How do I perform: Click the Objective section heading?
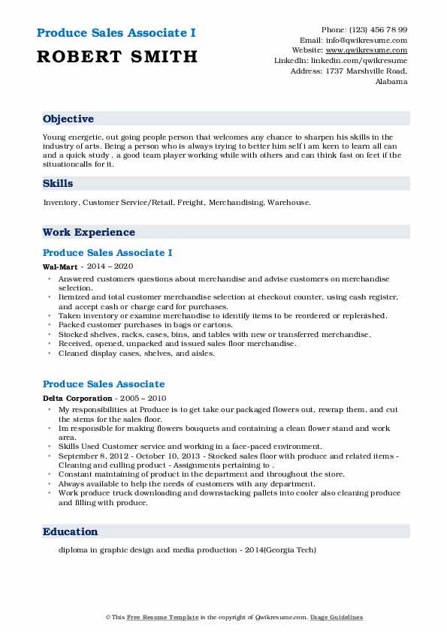point(68,119)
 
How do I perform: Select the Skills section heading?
point(58,183)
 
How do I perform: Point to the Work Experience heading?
point(89,232)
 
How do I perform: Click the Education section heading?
point(71,531)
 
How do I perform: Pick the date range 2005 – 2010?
point(143,398)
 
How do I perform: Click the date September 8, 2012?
point(90,456)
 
